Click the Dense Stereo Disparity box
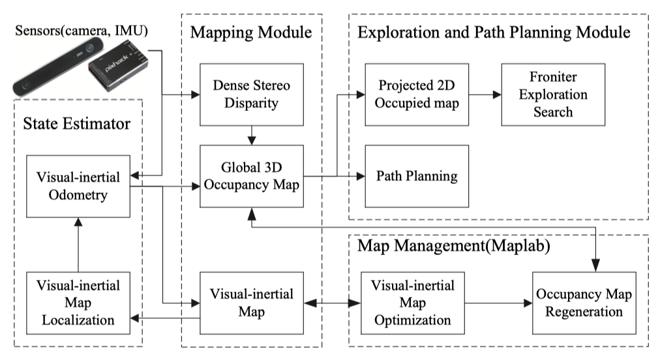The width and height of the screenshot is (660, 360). click(x=252, y=95)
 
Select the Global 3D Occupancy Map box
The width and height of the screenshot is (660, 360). click(x=252, y=177)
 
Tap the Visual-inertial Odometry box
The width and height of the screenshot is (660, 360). click(x=78, y=186)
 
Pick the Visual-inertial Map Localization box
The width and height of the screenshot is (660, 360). click(x=78, y=303)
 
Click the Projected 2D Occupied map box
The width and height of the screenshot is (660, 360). click(x=417, y=95)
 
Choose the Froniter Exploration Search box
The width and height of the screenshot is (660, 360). click(x=553, y=95)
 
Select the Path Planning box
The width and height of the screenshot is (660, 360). click(x=417, y=177)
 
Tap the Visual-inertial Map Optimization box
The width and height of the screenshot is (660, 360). click(x=413, y=303)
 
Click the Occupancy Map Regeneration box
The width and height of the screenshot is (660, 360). click(x=584, y=303)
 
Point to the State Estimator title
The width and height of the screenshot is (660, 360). click(x=76, y=124)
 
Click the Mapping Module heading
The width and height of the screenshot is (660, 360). click(x=251, y=33)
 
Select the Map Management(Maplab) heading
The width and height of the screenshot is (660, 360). click(x=454, y=246)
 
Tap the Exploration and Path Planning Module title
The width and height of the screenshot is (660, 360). click(x=494, y=33)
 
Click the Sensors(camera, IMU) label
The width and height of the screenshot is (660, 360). click(x=82, y=30)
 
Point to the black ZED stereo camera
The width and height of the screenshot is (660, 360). click(x=57, y=66)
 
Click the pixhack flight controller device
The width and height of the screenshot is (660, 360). click(x=118, y=65)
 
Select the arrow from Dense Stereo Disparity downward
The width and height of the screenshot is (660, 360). click(x=252, y=136)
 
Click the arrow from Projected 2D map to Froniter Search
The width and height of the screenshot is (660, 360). click(x=485, y=95)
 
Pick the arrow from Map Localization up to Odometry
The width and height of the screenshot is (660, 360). click(x=78, y=245)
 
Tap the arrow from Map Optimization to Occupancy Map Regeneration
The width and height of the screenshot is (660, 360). click(x=499, y=303)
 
